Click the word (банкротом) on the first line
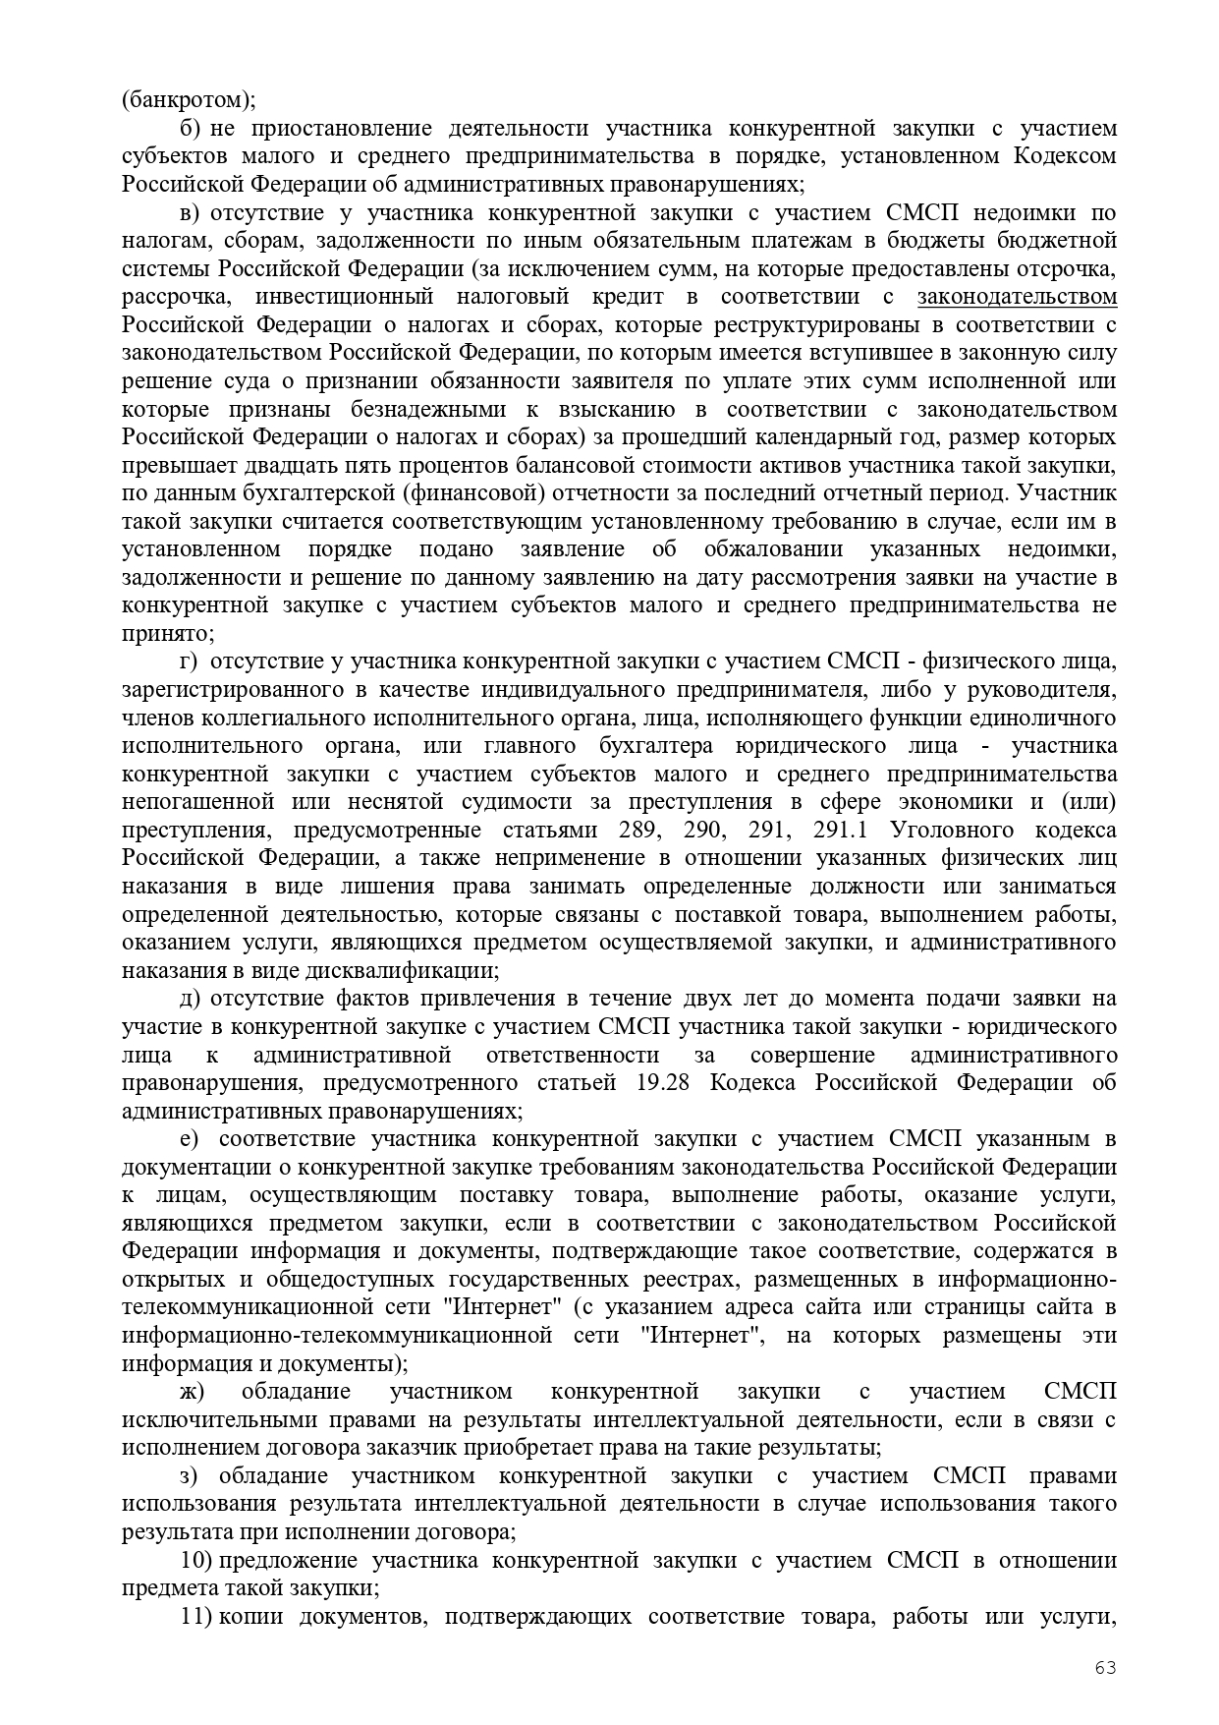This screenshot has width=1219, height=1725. pyautogui.click(x=188, y=100)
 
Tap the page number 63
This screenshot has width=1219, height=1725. pyautogui.click(x=1106, y=1668)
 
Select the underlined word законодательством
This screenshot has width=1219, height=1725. pyautogui.click(x=1017, y=297)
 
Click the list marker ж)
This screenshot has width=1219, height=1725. pyautogui.click(x=193, y=1392)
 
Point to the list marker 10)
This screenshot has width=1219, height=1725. pyautogui.click(x=196, y=1561)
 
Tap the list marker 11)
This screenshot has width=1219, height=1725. pyautogui.click(x=196, y=1617)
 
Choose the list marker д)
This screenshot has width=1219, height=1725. pyautogui.click(x=191, y=999)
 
